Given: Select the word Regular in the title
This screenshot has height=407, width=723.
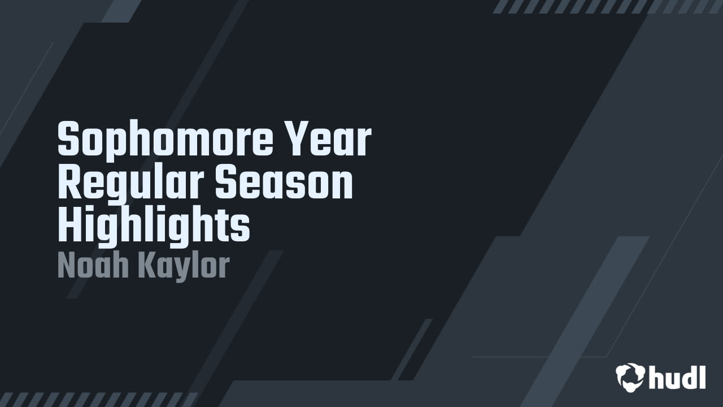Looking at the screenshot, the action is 130,184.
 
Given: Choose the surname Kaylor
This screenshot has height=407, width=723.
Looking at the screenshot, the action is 184,267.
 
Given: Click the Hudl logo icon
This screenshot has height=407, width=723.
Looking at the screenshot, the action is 630,377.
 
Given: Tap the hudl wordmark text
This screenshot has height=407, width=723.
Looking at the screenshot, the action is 677,377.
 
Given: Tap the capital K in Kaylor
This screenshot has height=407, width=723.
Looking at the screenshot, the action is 147,265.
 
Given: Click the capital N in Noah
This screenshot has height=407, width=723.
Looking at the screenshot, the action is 67,265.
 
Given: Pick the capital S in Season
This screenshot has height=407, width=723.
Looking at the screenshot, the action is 226,181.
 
